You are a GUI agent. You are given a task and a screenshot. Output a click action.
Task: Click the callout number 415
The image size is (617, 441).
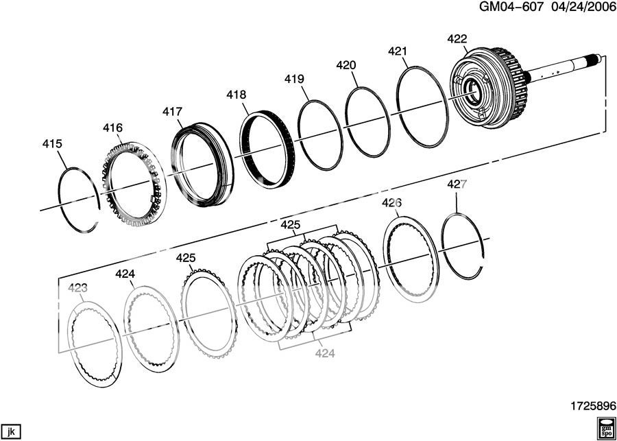pyautogui.click(x=52, y=144)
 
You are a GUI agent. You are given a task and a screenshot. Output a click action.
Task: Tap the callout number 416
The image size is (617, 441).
pyautogui.click(x=113, y=128)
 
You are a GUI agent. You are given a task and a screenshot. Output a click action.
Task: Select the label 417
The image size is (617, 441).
pyautogui.click(x=173, y=111)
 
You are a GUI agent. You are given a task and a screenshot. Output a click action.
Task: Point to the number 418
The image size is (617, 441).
pyautogui.click(x=237, y=95)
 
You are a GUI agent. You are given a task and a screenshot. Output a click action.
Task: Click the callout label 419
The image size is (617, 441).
pyautogui.click(x=294, y=79)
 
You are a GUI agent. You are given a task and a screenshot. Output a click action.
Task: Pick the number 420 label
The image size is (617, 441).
pyautogui.click(x=346, y=65)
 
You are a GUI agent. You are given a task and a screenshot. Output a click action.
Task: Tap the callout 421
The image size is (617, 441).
pyautogui.click(x=398, y=51)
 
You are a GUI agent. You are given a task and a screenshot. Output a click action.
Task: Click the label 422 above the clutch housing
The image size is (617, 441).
pyautogui.click(x=457, y=38)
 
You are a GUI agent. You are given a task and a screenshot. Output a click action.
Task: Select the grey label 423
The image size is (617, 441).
pyautogui.click(x=77, y=288)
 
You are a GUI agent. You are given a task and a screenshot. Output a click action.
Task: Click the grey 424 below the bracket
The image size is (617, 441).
pyautogui.click(x=325, y=353)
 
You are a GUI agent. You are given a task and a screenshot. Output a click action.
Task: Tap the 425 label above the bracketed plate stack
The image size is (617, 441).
pyautogui.click(x=291, y=225)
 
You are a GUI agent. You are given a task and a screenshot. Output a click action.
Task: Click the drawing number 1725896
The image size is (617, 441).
pyautogui.click(x=587, y=405)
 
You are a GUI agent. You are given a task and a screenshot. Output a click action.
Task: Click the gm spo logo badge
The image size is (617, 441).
pyautogui.click(x=605, y=425)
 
